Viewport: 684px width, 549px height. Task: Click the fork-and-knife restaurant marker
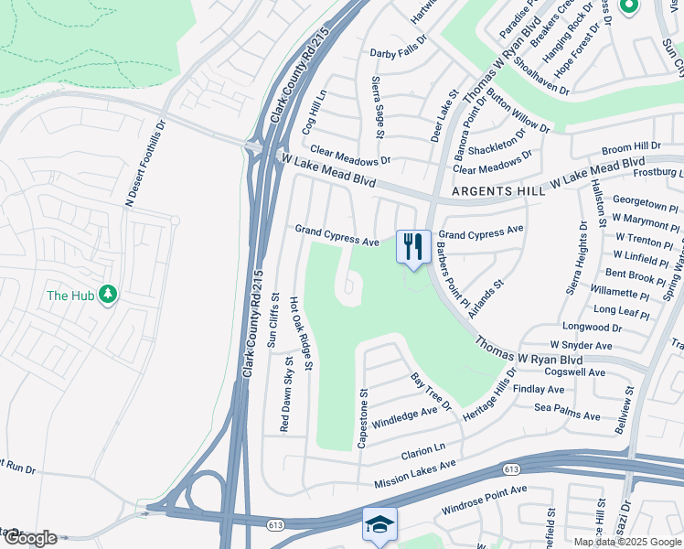(413, 246)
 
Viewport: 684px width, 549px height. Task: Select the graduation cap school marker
(379, 524)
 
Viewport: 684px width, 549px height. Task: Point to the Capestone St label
(363, 418)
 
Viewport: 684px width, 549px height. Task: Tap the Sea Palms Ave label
(567, 411)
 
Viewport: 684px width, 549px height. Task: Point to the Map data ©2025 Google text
(627, 542)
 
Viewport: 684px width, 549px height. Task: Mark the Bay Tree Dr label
(431, 391)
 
